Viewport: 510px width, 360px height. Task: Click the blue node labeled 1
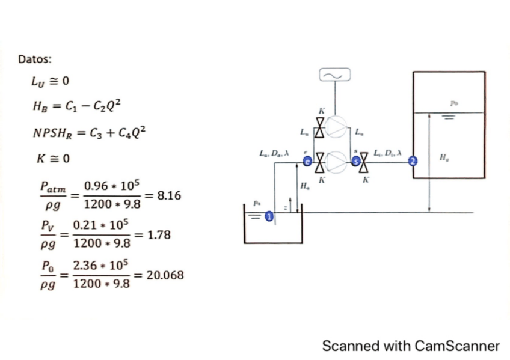pos(269,215)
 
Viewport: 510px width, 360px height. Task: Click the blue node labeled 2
pos(413,160)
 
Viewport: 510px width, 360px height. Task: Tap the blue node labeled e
pos(307,161)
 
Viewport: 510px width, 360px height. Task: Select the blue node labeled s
pos(355,161)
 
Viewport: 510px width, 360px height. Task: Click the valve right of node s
pos(363,161)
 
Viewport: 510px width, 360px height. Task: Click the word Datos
pos(35,59)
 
